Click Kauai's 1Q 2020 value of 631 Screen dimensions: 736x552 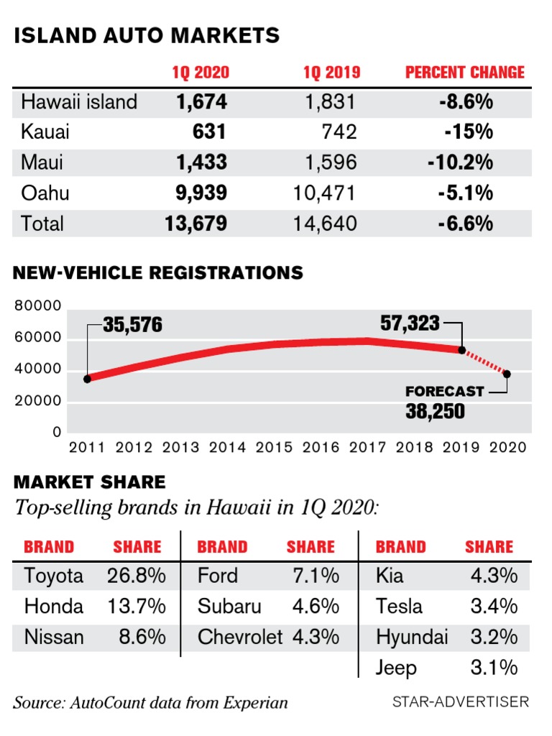(209, 132)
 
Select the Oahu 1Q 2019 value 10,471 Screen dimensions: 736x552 (325, 193)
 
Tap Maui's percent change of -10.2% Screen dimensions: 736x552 (460, 162)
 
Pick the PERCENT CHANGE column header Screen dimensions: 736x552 (465, 73)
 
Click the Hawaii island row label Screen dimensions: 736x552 (79, 102)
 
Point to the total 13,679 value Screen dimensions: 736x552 (195, 224)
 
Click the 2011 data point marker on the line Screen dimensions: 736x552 (88, 379)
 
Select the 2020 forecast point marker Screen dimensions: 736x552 (507, 374)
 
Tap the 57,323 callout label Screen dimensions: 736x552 (410, 323)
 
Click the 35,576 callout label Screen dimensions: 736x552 (132, 326)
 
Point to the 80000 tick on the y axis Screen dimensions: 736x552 (37, 306)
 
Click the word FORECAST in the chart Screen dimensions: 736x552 (445, 392)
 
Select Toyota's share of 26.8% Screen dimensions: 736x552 (137, 576)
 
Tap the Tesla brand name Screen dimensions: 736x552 (399, 607)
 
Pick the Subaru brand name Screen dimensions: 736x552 (230, 607)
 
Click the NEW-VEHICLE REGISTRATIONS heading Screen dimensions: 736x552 (158, 273)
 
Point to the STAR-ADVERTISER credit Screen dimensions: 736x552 (461, 701)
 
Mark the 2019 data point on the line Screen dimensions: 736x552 (462, 351)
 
